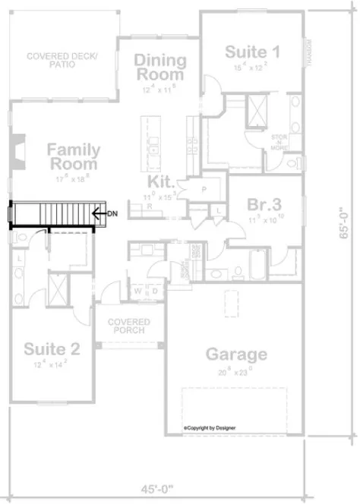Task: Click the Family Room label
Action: [73, 156]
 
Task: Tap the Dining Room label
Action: [160, 68]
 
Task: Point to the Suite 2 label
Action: [51, 349]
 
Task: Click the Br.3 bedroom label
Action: [265, 204]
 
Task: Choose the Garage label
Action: [236, 354]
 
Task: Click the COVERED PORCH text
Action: [128, 327]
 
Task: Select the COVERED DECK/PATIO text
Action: [58, 61]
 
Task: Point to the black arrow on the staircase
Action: [97, 214]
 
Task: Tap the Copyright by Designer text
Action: [210, 427]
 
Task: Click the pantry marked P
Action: [204, 188]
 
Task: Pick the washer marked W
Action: [137, 290]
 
